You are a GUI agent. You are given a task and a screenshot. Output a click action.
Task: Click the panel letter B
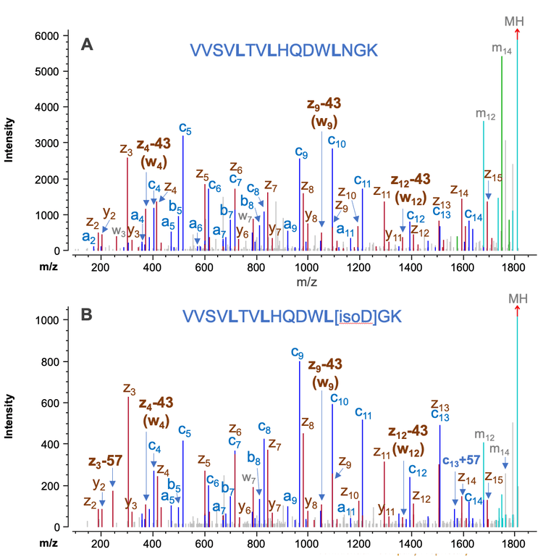tap(87, 316)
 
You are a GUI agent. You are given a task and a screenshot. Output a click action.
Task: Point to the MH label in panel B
tap(517, 298)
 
